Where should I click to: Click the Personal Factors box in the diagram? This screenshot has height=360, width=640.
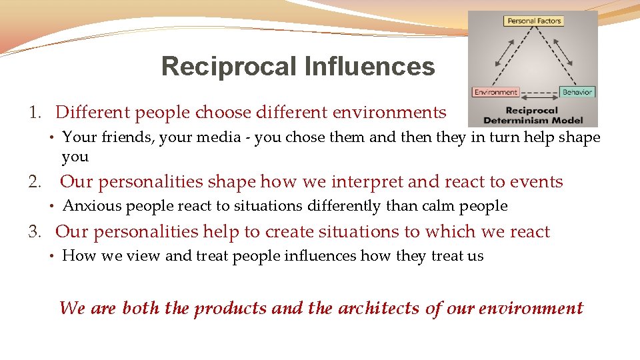tap(534, 21)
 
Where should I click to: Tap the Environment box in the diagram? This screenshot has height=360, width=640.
tap(495, 92)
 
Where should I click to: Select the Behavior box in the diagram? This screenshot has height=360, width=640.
tap(577, 92)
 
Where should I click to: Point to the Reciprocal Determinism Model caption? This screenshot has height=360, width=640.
tap(533, 115)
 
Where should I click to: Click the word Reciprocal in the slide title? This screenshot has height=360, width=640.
tap(229, 67)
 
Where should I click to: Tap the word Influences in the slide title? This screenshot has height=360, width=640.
tap(369, 67)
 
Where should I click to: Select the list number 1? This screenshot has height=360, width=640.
tap(35, 113)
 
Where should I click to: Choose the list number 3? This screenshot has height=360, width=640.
tap(35, 232)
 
